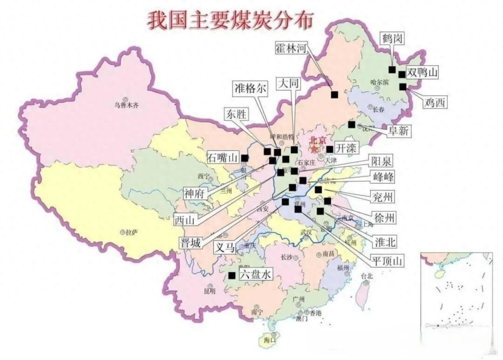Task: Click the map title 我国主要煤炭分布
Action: [231, 20]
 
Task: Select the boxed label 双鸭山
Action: [422, 73]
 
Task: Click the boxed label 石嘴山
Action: [223, 157]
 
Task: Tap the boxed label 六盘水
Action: [255, 275]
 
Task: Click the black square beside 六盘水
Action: [231, 275]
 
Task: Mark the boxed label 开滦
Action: [346, 149]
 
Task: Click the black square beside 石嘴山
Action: [245, 158]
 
